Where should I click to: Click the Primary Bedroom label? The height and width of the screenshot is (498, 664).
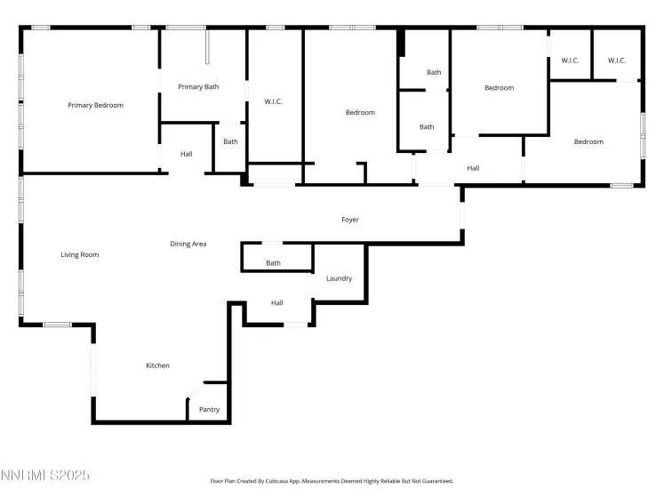tap(95, 105)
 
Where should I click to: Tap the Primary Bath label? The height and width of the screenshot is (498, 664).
tap(198, 87)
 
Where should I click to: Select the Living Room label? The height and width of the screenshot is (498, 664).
tap(79, 255)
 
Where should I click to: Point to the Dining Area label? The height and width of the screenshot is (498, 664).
tap(188, 244)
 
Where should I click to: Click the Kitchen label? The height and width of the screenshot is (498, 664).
tap(157, 365)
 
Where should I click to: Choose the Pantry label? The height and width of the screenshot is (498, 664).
tap(209, 410)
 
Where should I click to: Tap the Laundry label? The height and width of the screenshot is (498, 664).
tap(339, 278)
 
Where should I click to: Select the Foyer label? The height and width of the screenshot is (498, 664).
tap(350, 220)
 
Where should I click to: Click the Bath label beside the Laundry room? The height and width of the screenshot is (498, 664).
tap(273, 263)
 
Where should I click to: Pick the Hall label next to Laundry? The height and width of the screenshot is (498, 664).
tap(277, 303)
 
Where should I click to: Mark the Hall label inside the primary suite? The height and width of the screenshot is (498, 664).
tap(186, 155)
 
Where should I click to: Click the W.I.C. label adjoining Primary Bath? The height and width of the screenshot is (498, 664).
tap(273, 101)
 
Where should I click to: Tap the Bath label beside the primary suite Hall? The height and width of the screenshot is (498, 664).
tap(230, 141)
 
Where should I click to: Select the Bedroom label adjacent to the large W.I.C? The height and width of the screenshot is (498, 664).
tap(360, 113)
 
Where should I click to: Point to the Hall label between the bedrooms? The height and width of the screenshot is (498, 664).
tap(473, 168)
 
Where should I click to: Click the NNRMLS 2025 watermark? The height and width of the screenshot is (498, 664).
tap(45, 477)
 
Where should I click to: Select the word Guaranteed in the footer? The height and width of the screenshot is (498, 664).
tap(435, 481)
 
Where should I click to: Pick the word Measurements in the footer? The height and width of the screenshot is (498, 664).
tap(323, 481)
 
